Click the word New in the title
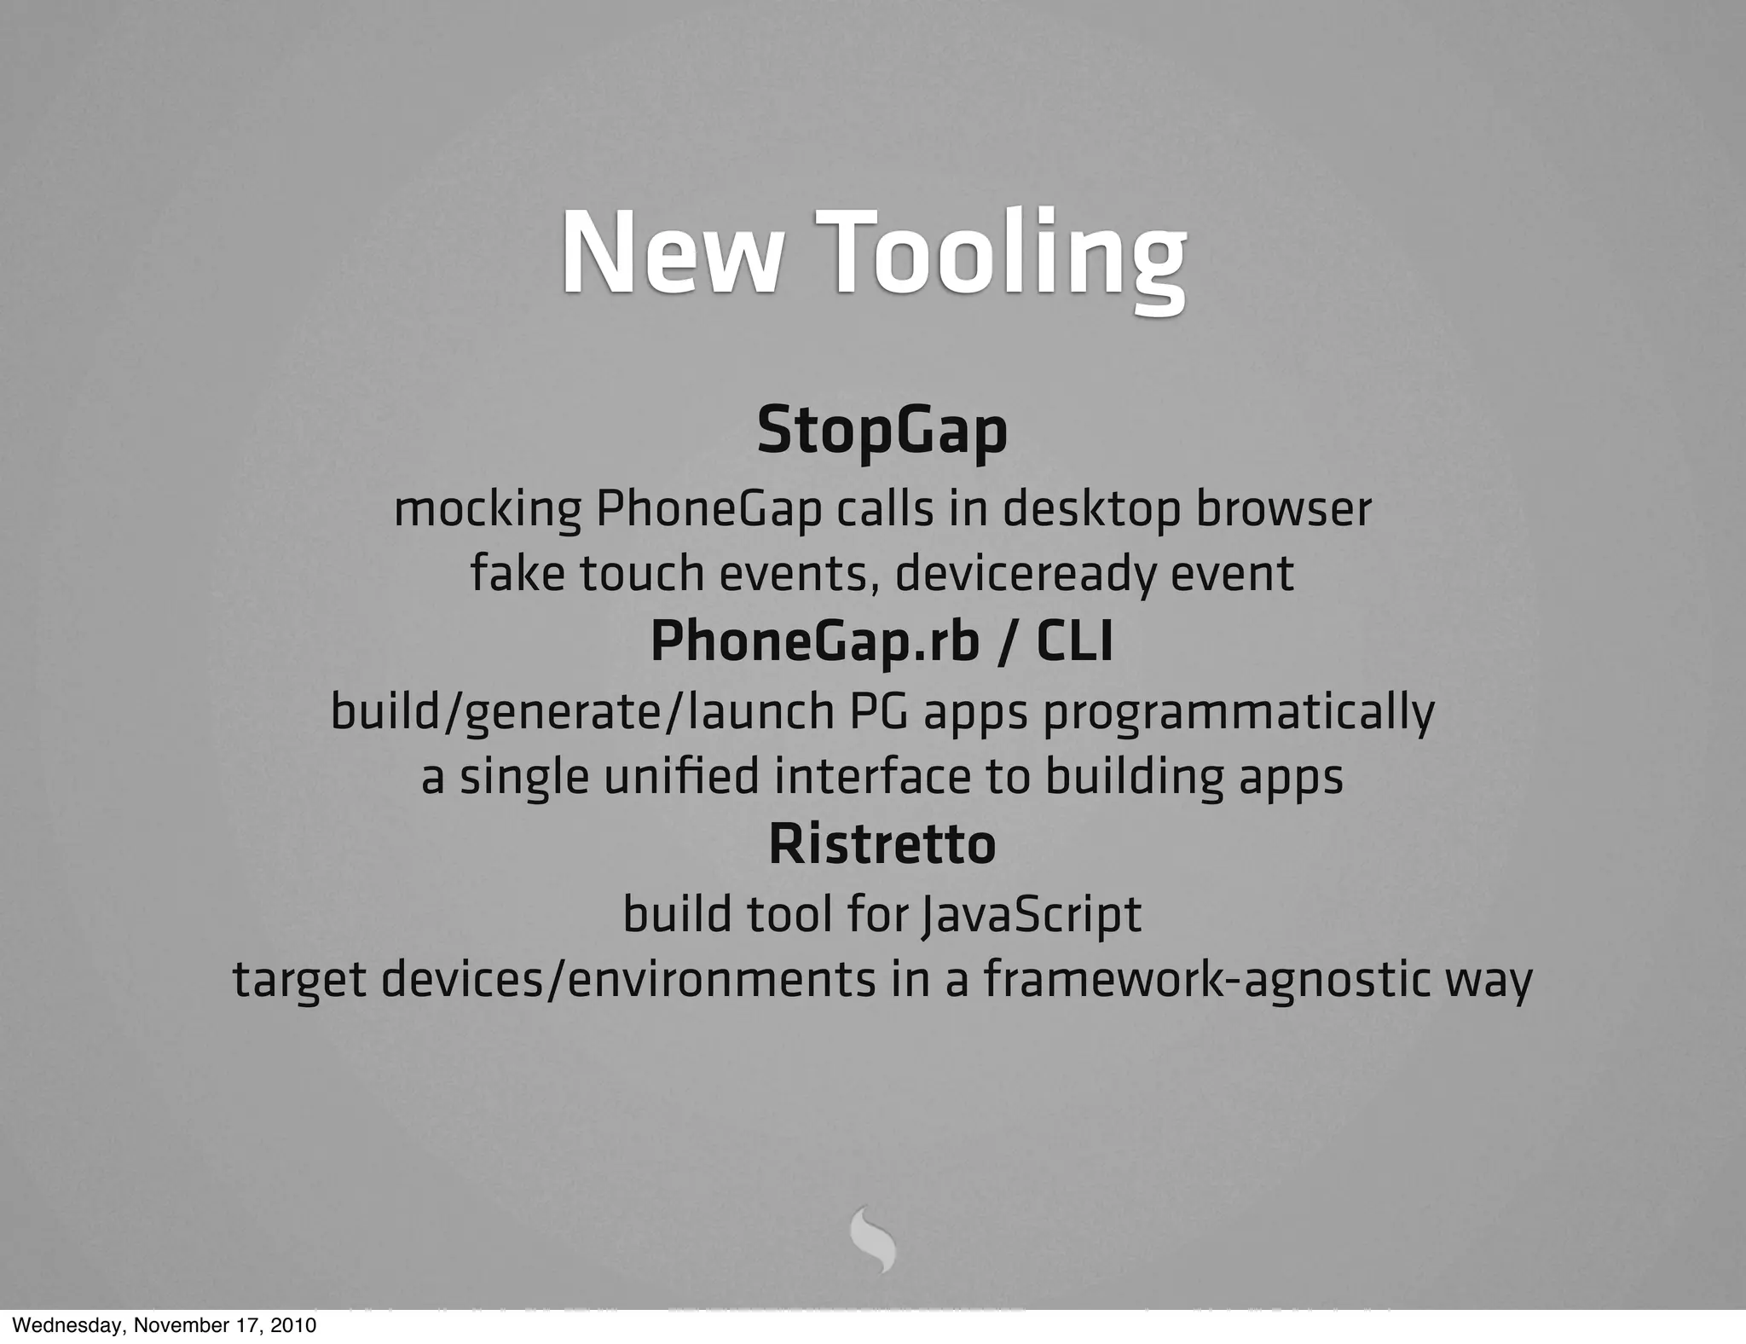pos(670,254)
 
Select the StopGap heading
pos(882,432)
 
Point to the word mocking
pos(488,511)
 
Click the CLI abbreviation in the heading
pos(1074,642)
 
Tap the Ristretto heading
pos(882,844)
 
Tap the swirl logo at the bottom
pos(873,1239)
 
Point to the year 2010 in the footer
pos(295,1326)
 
